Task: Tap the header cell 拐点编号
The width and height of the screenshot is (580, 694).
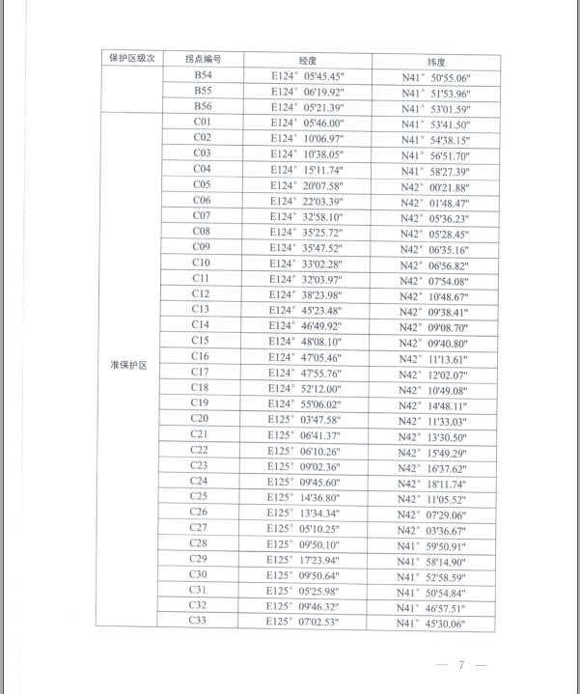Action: (x=202, y=59)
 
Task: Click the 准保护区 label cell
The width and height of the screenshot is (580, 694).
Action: (x=127, y=365)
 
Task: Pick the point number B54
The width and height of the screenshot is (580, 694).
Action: (x=203, y=74)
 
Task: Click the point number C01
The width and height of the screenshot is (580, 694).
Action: (x=203, y=122)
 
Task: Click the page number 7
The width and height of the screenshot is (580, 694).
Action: (x=462, y=665)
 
